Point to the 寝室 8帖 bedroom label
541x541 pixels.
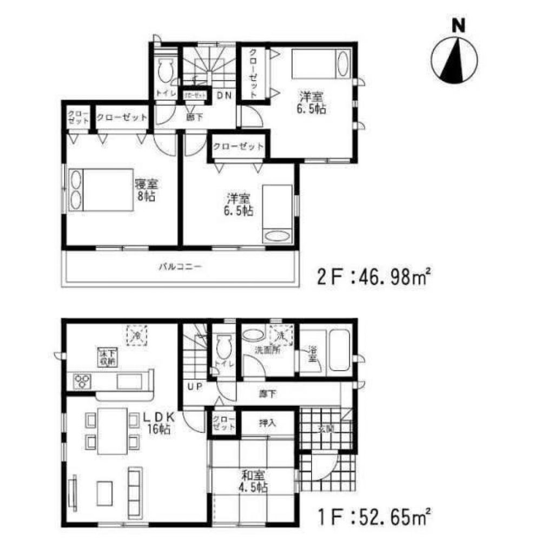pos(146,190)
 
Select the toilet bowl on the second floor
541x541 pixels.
pos(166,70)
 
